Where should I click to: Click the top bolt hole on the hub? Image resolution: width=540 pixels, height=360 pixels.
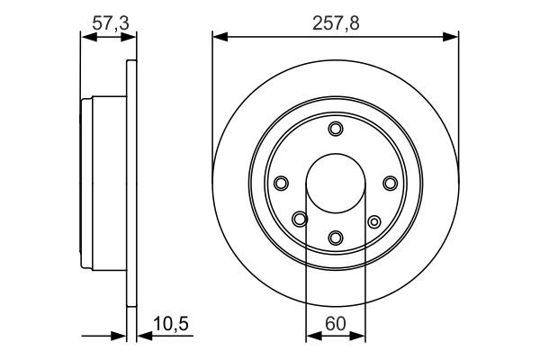tap(336, 130)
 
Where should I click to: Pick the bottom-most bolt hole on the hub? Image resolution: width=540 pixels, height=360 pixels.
tap(336, 238)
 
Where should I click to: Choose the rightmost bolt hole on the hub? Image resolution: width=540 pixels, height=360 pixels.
tap(390, 184)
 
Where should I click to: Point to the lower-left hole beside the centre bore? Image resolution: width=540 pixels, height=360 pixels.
tap(300, 217)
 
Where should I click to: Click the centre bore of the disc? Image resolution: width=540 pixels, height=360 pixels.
tap(336, 183)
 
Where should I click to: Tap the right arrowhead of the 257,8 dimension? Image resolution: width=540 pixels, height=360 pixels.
tap(454, 37)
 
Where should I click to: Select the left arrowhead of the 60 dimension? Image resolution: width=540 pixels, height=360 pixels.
tap(311, 337)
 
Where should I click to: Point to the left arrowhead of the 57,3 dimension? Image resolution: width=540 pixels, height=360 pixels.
tap(86, 37)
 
